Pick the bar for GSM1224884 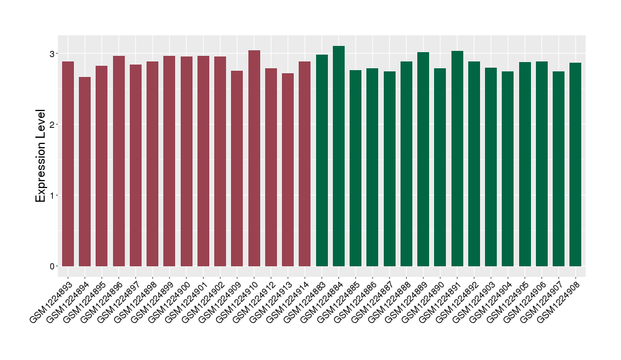pyautogui.click(x=338, y=156)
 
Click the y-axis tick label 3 pyautogui.click(x=54, y=53)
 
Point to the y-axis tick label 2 pyautogui.click(x=54, y=124)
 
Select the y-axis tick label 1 pyautogui.click(x=54, y=196)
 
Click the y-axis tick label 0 pyautogui.click(x=54, y=266)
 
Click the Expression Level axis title pyautogui.click(x=41, y=156)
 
